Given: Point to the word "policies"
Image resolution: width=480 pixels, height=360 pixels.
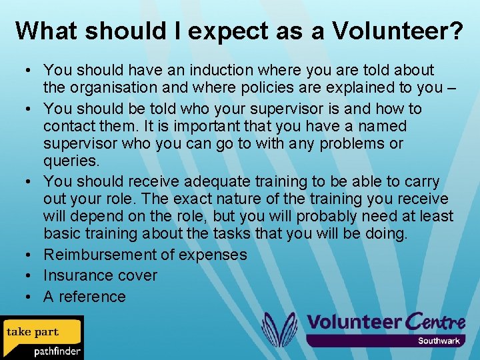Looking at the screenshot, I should (281, 87).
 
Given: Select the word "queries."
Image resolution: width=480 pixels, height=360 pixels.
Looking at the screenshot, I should (72, 161).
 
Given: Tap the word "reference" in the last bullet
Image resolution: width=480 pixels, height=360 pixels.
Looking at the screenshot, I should (92, 297).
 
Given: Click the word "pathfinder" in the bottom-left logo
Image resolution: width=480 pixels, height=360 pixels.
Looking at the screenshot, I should (57, 351).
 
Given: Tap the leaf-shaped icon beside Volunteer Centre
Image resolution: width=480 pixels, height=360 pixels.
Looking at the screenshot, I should (278, 329).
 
